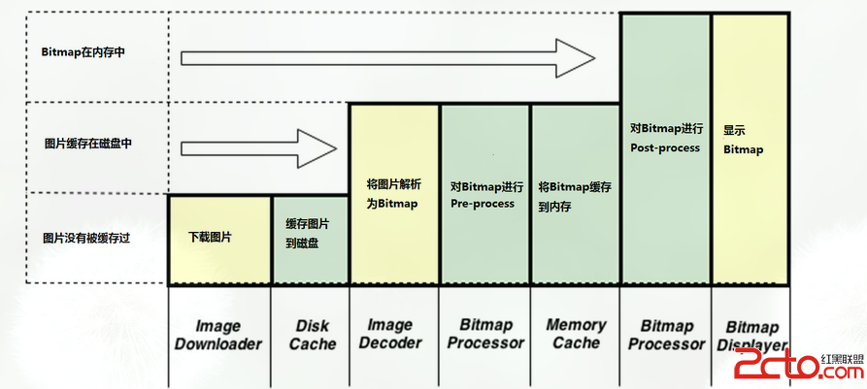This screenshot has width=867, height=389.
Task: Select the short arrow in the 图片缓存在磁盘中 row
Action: click(x=256, y=148)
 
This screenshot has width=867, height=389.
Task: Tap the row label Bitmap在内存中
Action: click(x=83, y=52)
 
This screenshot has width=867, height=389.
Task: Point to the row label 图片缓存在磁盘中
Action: click(x=87, y=144)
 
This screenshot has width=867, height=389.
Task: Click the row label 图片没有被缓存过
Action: click(x=86, y=237)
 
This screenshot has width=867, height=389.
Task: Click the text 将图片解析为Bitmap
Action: click(x=392, y=194)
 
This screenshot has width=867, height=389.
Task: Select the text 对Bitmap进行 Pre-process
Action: click(x=486, y=195)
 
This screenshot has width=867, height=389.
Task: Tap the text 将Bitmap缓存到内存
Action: click(x=574, y=196)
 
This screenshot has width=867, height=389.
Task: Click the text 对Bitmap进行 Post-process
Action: click(x=665, y=136)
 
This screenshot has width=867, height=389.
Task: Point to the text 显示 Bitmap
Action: click(x=743, y=139)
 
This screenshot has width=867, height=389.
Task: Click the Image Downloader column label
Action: click(x=218, y=335)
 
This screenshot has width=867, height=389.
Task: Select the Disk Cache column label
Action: click(x=312, y=335)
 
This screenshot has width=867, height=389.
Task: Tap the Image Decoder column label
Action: click(x=391, y=334)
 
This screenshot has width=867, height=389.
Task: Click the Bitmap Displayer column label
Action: click(x=752, y=336)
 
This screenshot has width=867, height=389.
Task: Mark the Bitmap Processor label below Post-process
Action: click(x=665, y=335)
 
